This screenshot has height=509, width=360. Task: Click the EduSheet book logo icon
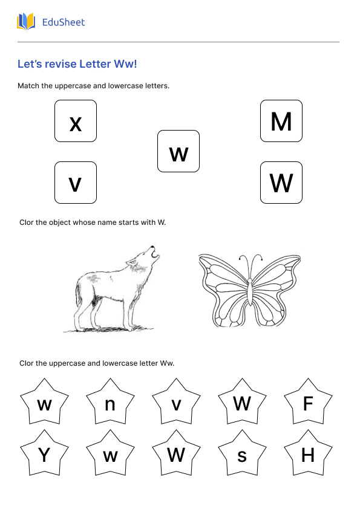pos(26,22)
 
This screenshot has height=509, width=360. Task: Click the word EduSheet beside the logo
pos(64,22)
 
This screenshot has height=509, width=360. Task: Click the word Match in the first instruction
pos(28,86)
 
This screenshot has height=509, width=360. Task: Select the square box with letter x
pos(76,121)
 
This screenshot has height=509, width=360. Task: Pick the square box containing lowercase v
pos(76,183)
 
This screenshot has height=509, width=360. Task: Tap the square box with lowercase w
pos(178,151)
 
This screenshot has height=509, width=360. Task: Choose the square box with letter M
pos(281,121)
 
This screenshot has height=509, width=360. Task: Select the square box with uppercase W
pos(281,183)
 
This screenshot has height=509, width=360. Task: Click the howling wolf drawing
pos(112,290)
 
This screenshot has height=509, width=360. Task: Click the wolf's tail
pos(80,299)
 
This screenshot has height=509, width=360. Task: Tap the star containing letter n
pos(110,403)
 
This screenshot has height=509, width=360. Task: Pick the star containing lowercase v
pos(176,403)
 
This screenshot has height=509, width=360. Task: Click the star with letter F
pos(308,403)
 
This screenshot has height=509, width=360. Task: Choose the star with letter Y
pos(44,455)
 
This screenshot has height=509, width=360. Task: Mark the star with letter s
pos(242,455)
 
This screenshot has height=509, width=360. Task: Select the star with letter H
pos(308,455)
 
